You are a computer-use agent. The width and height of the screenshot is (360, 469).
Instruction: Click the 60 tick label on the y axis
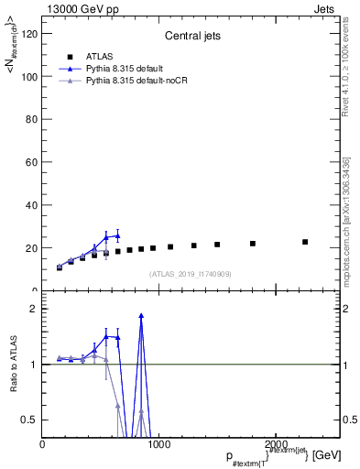click(x=33, y=162)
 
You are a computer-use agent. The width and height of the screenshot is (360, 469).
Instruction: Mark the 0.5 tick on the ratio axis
click(x=31, y=420)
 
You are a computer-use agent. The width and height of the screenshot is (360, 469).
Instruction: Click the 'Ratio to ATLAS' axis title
click(x=14, y=365)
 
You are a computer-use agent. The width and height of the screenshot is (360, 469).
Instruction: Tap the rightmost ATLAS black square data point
click(x=305, y=242)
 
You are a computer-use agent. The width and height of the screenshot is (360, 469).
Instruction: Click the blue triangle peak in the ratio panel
click(x=141, y=315)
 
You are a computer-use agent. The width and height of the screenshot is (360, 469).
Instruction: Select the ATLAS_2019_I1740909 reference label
click(x=191, y=273)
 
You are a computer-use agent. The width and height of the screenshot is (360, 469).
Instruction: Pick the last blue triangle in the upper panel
click(x=117, y=235)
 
